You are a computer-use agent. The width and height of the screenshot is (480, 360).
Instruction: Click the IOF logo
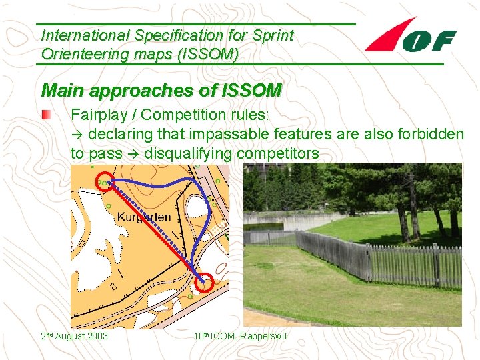click(411, 37)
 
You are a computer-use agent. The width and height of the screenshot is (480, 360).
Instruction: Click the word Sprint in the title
click(270, 35)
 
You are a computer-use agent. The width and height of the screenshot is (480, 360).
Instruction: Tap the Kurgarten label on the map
click(143, 217)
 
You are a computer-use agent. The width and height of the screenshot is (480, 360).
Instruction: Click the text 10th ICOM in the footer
click(209, 336)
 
